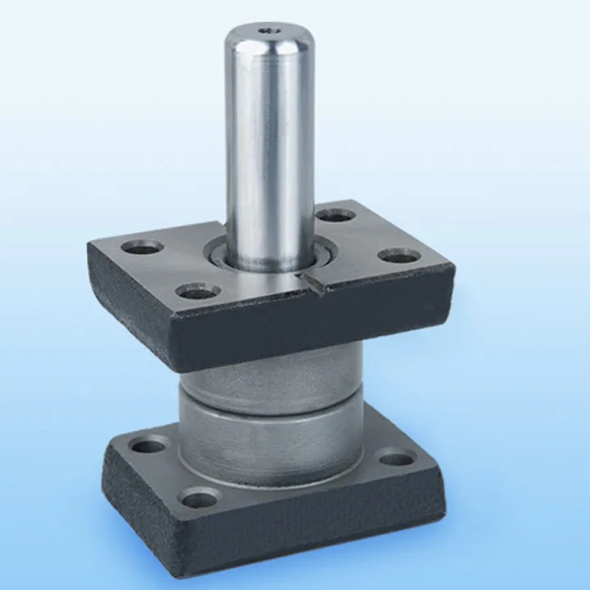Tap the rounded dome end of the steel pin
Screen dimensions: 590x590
pos(270,41)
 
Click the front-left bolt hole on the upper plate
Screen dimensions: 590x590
pos(197,290)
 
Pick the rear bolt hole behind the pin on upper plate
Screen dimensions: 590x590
pos(335,216)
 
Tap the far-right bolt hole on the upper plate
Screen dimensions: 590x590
pos(400,256)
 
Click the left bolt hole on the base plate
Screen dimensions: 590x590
pos(149,447)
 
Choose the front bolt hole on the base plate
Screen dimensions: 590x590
pos(200,497)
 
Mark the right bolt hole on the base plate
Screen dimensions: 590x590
pos(397,458)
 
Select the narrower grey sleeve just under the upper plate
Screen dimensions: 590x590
pos(270,373)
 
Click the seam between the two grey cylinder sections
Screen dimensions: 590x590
pos(270,402)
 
